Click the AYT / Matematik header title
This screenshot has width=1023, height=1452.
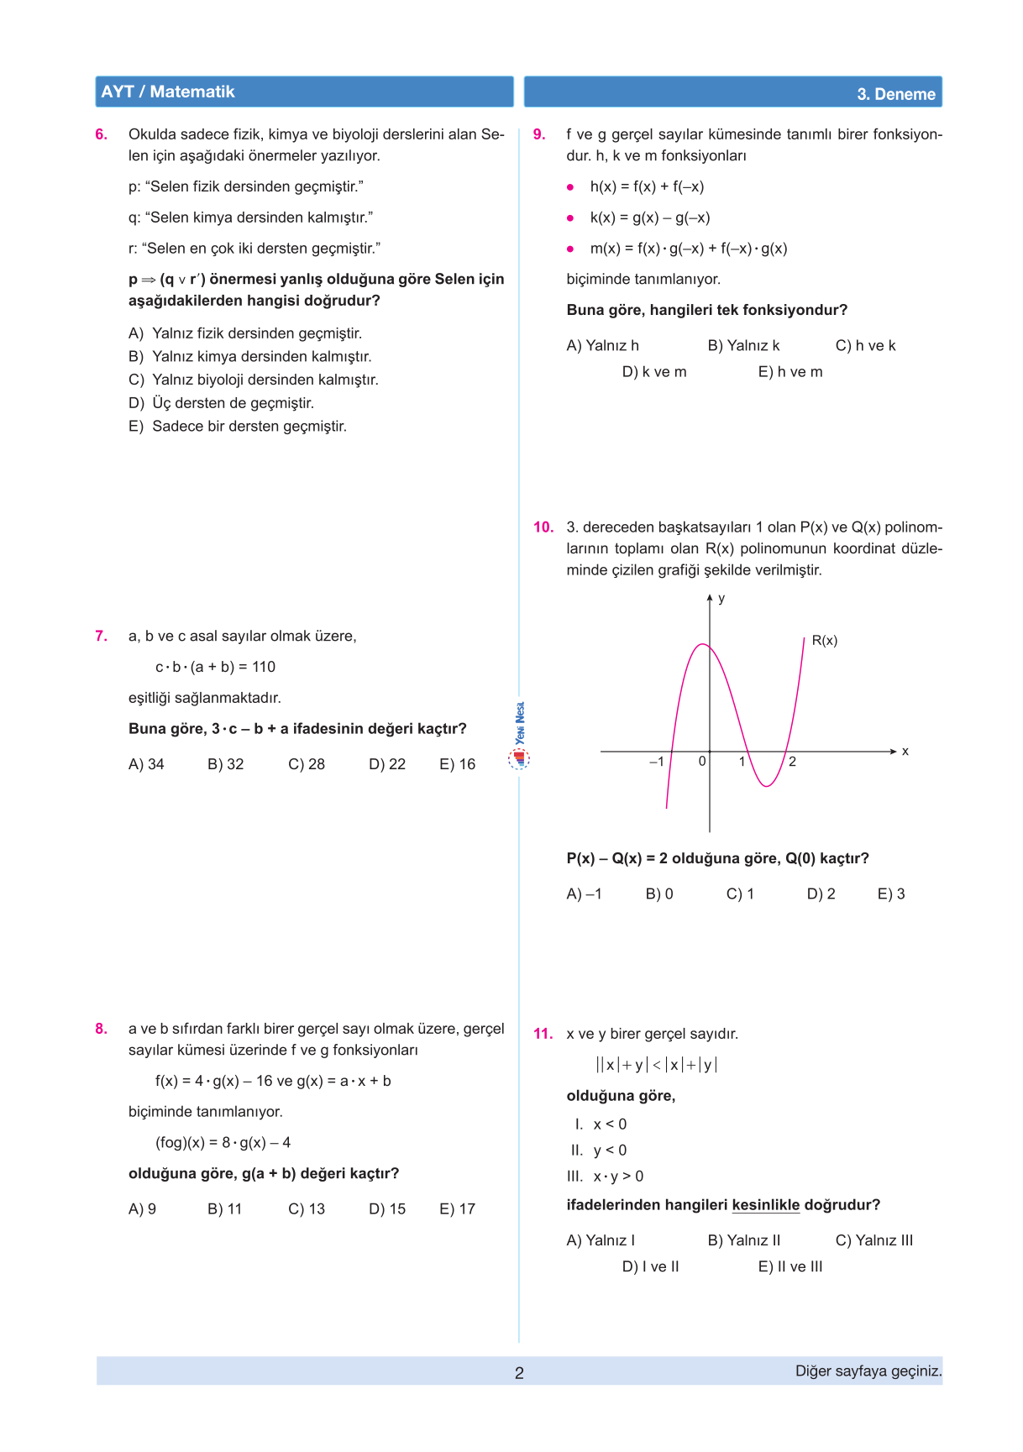click(168, 92)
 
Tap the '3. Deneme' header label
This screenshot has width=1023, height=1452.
click(895, 94)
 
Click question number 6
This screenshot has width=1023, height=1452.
click(102, 134)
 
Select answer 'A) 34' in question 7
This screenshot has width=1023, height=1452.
click(146, 764)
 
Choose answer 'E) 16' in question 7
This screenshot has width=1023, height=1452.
click(457, 764)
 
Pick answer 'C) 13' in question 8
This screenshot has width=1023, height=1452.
click(307, 1209)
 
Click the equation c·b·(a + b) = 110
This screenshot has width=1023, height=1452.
click(215, 667)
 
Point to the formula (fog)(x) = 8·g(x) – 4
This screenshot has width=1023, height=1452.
click(223, 1143)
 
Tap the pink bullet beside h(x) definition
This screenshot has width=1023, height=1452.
click(570, 187)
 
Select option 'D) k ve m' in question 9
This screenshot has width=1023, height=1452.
click(654, 372)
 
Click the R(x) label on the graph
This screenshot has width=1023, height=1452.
click(824, 641)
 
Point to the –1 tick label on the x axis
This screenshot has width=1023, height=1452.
click(657, 762)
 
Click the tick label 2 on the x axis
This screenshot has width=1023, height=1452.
click(792, 762)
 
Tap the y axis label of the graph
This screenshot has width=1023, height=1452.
click(721, 599)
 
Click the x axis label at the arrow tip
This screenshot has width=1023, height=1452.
click(905, 752)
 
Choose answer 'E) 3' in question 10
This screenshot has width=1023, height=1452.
click(891, 894)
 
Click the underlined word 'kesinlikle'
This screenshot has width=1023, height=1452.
click(765, 1205)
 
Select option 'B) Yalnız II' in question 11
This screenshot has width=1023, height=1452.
click(744, 1240)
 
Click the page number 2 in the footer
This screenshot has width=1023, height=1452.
click(519, 1373)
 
